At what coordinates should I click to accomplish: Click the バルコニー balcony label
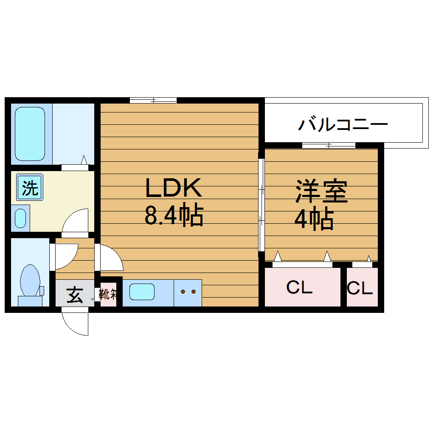click(x=343, y=125)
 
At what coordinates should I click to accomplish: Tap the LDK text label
click(x=173, y=188)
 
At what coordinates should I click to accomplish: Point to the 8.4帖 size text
click(x=174, y=216)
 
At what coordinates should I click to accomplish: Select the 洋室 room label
click(x=322, y=192)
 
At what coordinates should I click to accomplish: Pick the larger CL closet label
click(x=300, y=288)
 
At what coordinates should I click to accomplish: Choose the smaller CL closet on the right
click(x=360, y=289)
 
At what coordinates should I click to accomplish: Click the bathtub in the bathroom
click(x=31, y=133)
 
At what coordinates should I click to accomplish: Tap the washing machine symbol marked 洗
click(x=30, y=188)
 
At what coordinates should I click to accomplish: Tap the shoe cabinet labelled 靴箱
click(x=108, y=294)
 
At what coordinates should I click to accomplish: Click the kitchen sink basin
click(x=142, y=292)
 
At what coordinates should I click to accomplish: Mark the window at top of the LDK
click(x=153, y=100)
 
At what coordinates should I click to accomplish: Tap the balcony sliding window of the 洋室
click(x=329, y=145)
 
